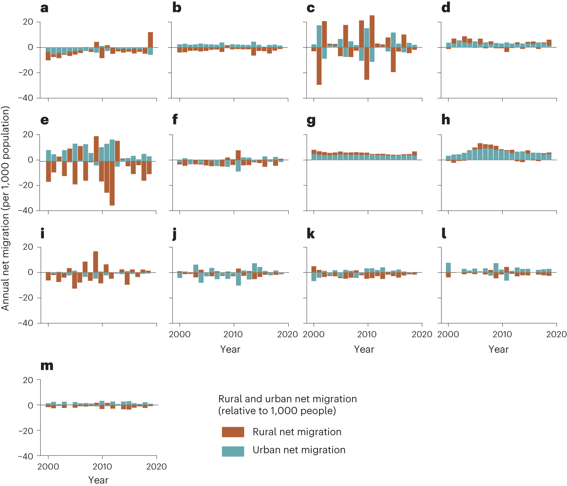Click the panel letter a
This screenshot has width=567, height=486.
click(44, 8)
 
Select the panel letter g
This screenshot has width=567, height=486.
click(311, 120)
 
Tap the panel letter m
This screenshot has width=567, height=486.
click(47, 366)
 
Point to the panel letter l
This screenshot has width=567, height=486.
click(444, 233)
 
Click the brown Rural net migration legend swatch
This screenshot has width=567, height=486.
click(233, 432)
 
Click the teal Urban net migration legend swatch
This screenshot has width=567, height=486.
click(233, 451)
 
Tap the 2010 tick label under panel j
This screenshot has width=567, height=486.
click(233, 334)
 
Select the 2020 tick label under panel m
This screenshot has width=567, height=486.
click(156, 466)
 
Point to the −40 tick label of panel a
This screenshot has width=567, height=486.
click(26, 98)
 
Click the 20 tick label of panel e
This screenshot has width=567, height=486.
click(28, 134)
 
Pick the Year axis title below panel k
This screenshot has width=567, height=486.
click(364, 349)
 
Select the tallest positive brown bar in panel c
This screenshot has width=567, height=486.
click(372, 31)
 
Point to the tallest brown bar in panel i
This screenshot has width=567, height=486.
click(95, 261)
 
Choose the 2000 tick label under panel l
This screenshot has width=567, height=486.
click(448, 334)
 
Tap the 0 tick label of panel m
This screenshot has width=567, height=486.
click(30, 405)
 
